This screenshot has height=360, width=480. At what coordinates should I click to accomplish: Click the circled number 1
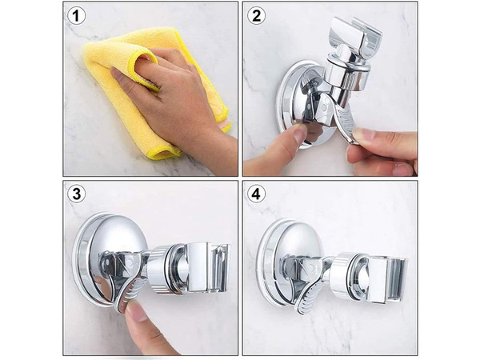tap(78, 16)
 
